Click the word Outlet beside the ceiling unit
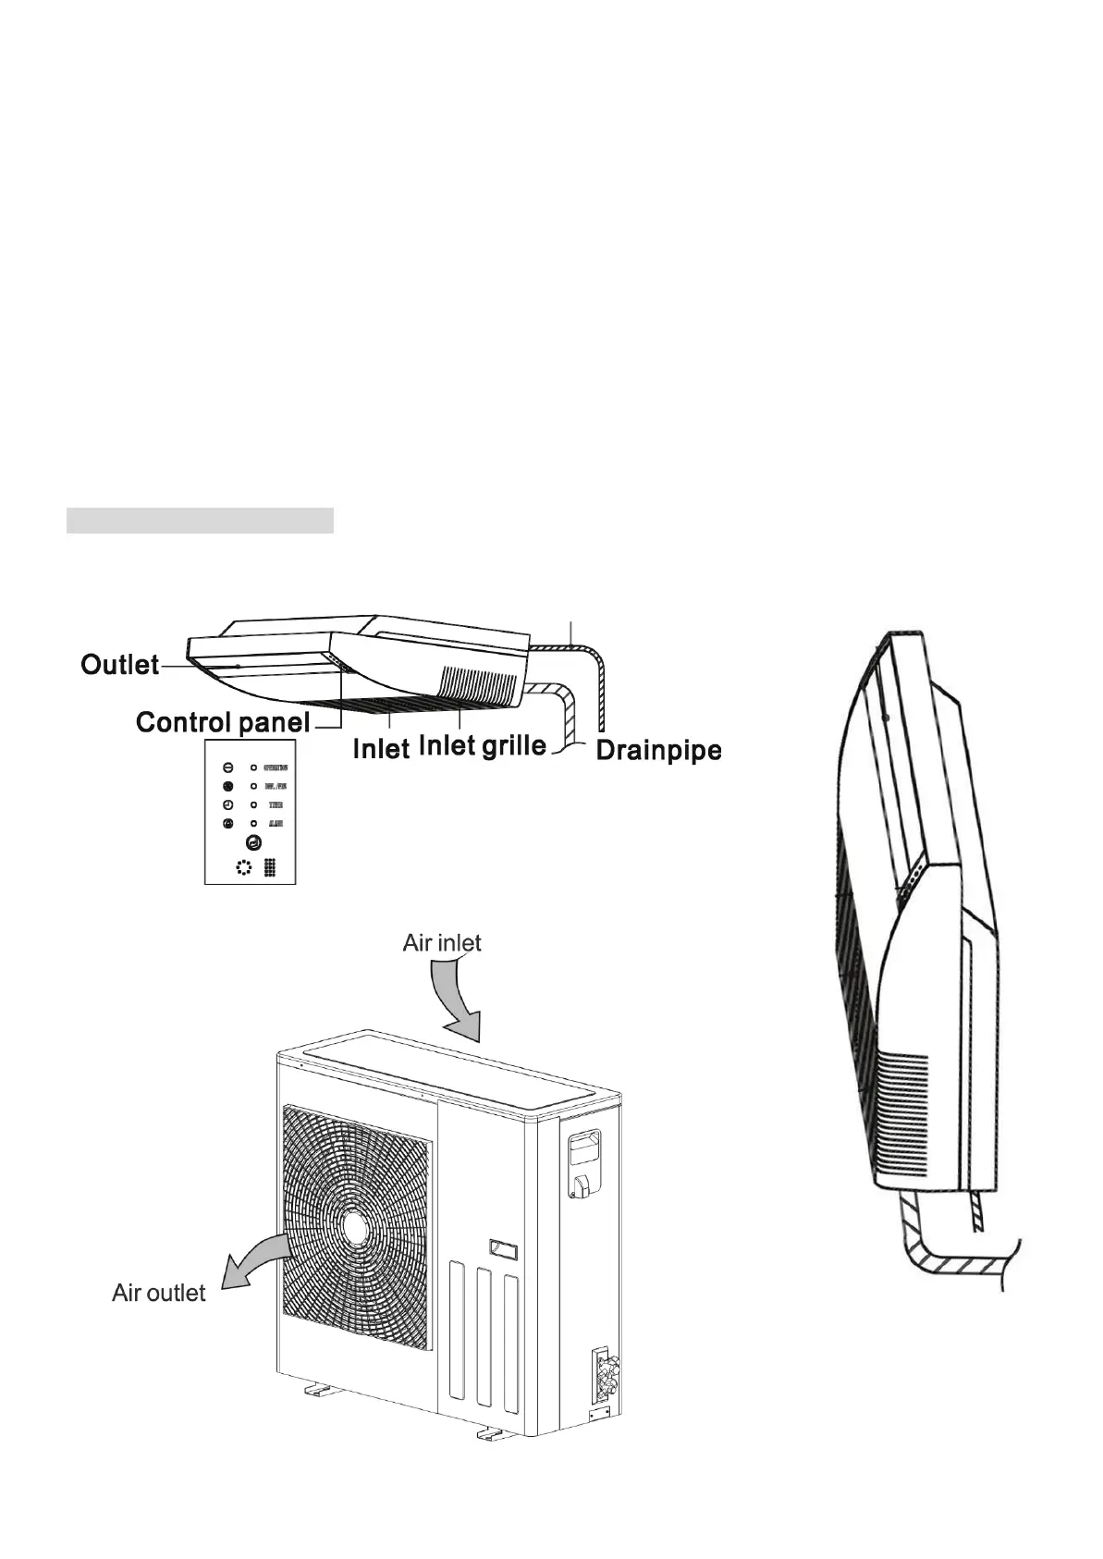120,664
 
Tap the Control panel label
222,721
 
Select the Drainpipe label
657,749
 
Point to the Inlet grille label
482,744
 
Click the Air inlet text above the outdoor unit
442,942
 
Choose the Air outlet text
158,1292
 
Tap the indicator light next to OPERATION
253,767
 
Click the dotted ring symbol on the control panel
243,867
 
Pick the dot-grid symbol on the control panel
270,867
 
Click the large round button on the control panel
253,842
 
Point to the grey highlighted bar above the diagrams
200,520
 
